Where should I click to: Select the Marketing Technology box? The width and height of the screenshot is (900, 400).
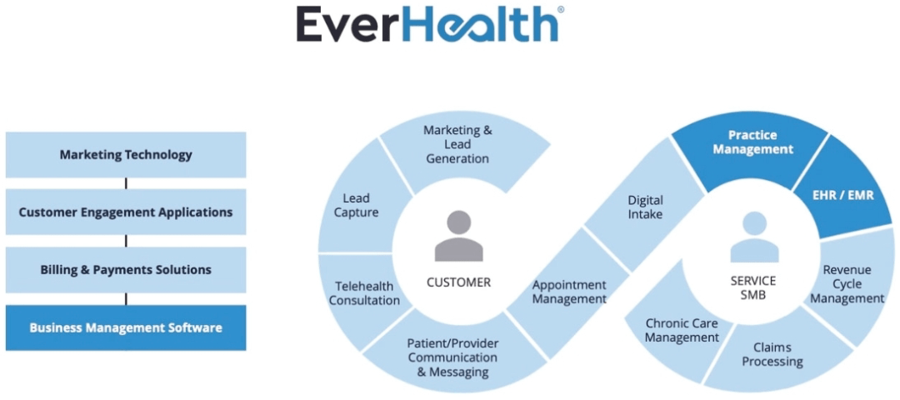click(126, 155)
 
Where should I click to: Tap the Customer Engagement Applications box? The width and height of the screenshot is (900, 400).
click(126, 212)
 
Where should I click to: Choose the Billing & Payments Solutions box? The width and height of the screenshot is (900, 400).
click(126, 270)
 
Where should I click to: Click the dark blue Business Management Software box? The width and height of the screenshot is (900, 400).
click(126, 327)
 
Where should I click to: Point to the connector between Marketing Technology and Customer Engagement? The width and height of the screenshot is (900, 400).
click(127, 183)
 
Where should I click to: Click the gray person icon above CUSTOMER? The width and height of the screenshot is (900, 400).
click(458, 236)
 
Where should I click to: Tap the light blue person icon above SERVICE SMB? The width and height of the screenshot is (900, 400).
click(753, 238)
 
